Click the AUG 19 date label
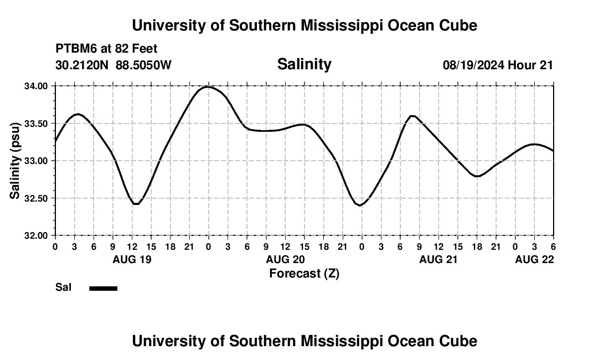pos(132,259)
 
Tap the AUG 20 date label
pos(286,259)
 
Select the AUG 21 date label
pos(438,259)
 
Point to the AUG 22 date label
pos(534,259)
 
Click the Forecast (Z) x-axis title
pos(304,273)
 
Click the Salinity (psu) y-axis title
pos(15,161)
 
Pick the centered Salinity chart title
pos(304,64)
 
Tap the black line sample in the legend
pos(103,288)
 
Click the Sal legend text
pos(64,287)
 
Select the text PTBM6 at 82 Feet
pos(106,49)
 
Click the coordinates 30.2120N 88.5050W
pos(113,65)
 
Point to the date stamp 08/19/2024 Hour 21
pos(498,65)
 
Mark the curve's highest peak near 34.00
pos(208,86)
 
